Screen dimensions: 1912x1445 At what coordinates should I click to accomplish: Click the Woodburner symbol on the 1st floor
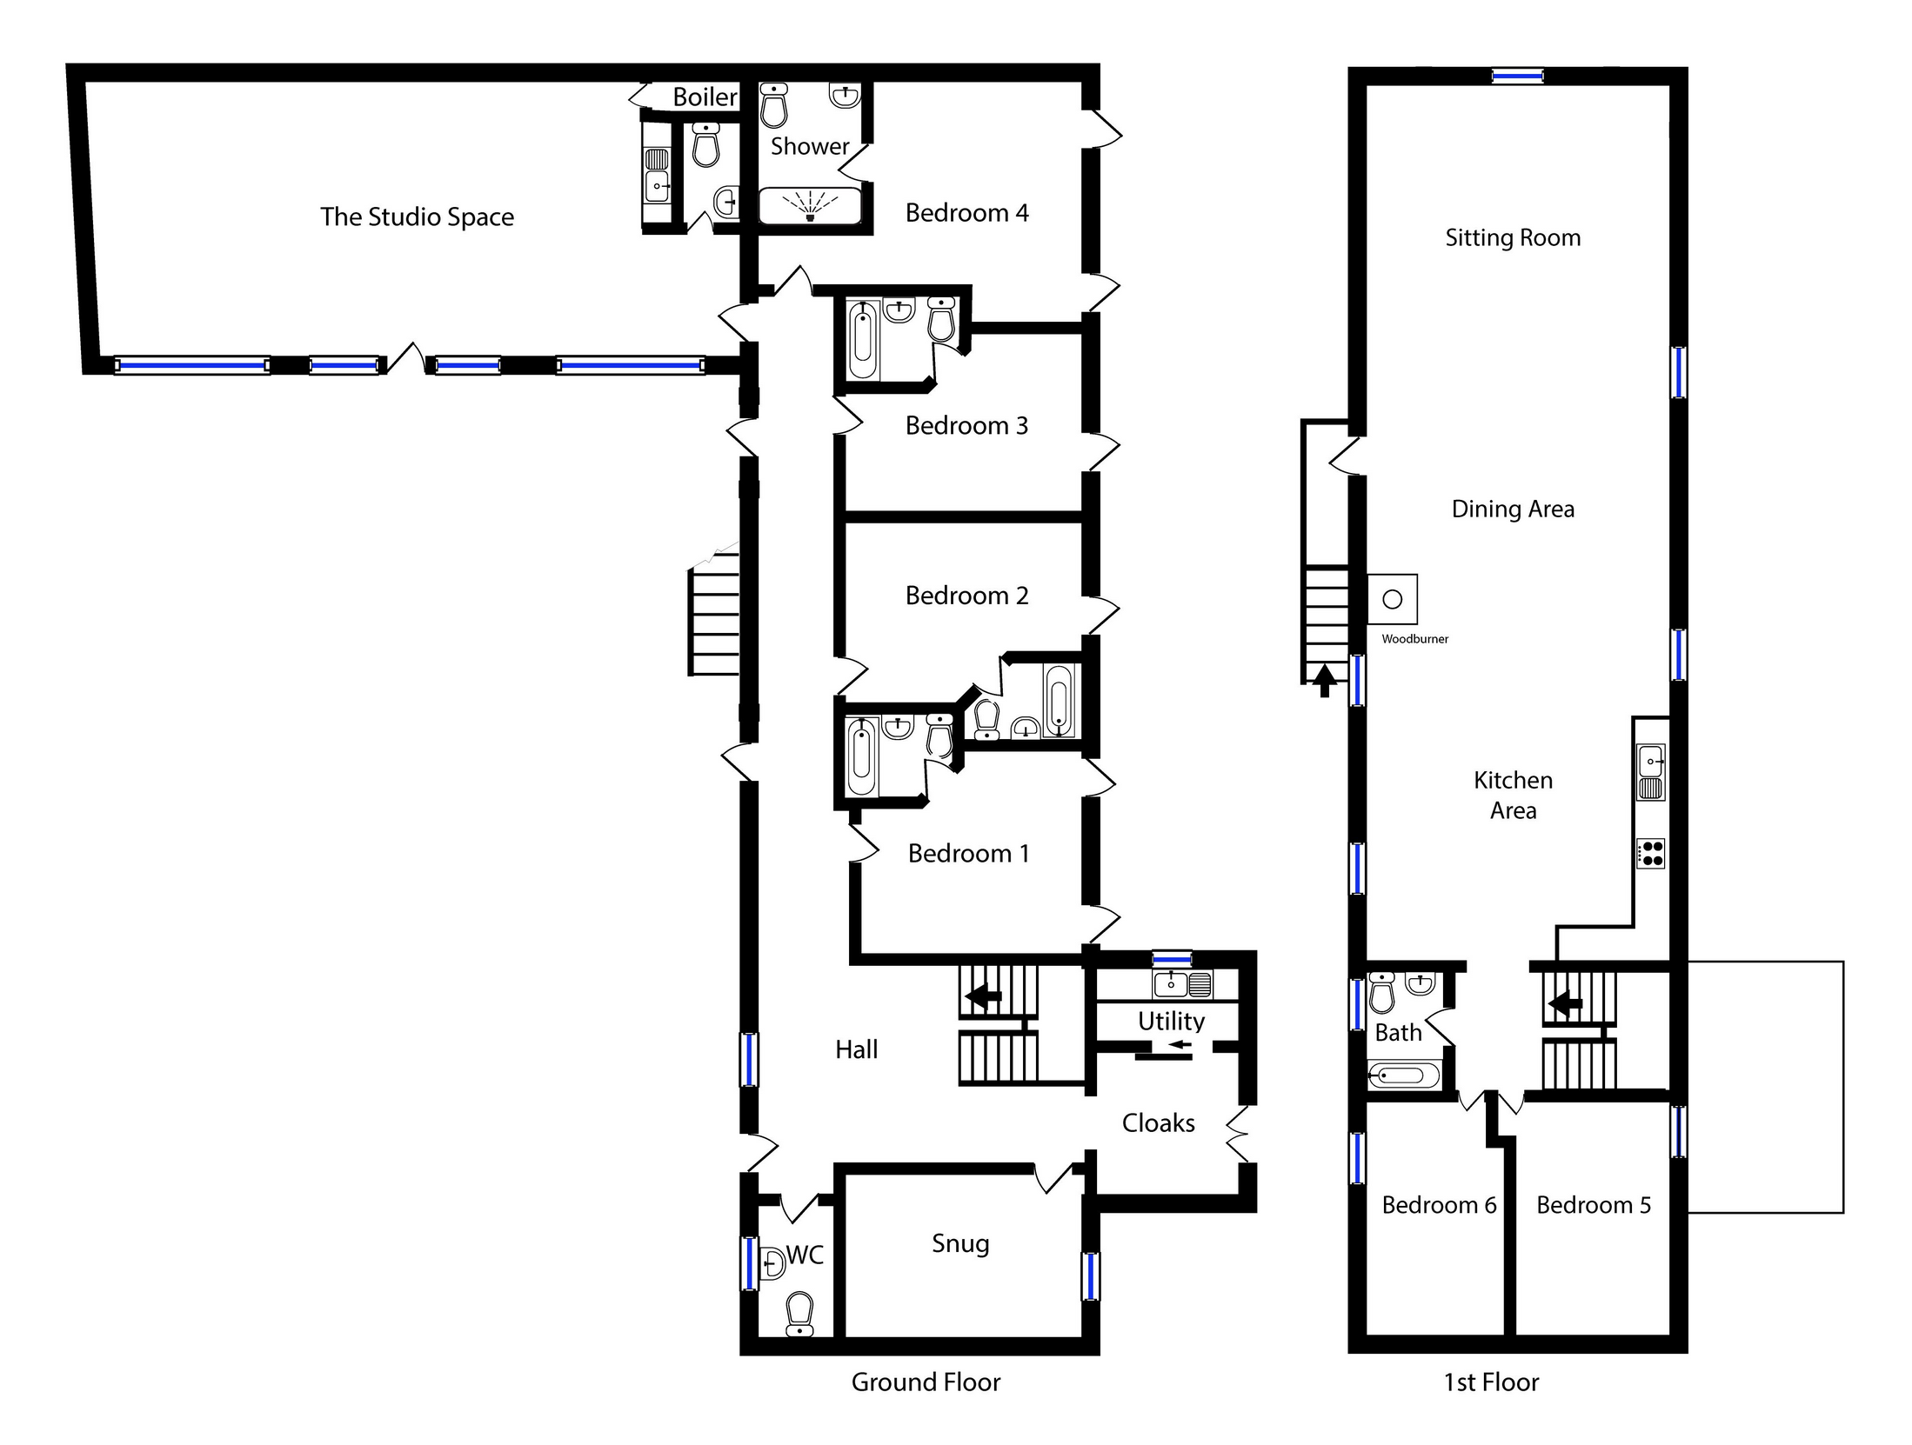click(1392, 599)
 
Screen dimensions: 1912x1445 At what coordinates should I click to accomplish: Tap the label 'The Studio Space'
click(417, 216)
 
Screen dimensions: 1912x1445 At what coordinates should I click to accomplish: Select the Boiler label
click(705, 97)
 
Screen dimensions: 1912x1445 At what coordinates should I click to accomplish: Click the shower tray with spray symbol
click(810, 206)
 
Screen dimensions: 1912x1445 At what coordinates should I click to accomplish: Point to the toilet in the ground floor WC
click(799, 1314)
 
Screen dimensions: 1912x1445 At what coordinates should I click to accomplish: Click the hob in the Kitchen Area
click(1650, 853)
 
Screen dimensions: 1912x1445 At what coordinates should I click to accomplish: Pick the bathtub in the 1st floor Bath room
click(1403, 1076)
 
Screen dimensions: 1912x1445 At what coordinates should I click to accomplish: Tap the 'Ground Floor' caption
click(926, 1382)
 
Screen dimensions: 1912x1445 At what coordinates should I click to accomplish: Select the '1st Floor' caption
click(1491, 1382)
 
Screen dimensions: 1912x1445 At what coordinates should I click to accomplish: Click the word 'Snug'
click(960, 1244)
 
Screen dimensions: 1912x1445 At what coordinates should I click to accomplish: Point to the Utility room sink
click(1182, 984)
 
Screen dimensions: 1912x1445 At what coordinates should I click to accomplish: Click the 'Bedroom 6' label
click(1439, 1205)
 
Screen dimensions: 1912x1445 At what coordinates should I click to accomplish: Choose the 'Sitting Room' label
click(1513, 238)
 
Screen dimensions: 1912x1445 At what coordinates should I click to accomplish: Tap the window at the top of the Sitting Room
click(1517, 77)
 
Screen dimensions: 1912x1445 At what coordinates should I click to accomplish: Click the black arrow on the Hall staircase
click(984, 996)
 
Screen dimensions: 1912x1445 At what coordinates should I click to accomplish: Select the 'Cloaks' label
click(1158, 1123)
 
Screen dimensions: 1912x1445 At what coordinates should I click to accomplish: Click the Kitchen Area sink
click(1650, 772)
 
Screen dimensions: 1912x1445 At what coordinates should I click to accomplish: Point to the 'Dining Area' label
click(1513, 509)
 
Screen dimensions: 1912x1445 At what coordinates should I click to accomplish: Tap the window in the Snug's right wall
click(1090, 1275)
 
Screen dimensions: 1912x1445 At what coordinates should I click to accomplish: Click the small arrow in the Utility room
click(1180, 1044)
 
